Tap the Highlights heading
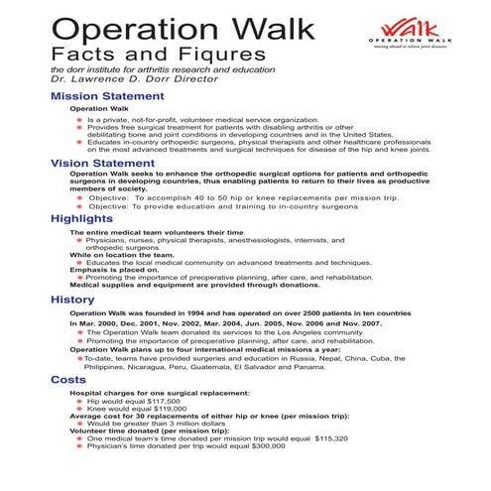pos(71,217)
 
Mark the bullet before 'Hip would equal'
pos(78,403)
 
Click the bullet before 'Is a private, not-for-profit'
pos(78,119)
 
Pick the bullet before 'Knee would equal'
pos(78,411)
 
